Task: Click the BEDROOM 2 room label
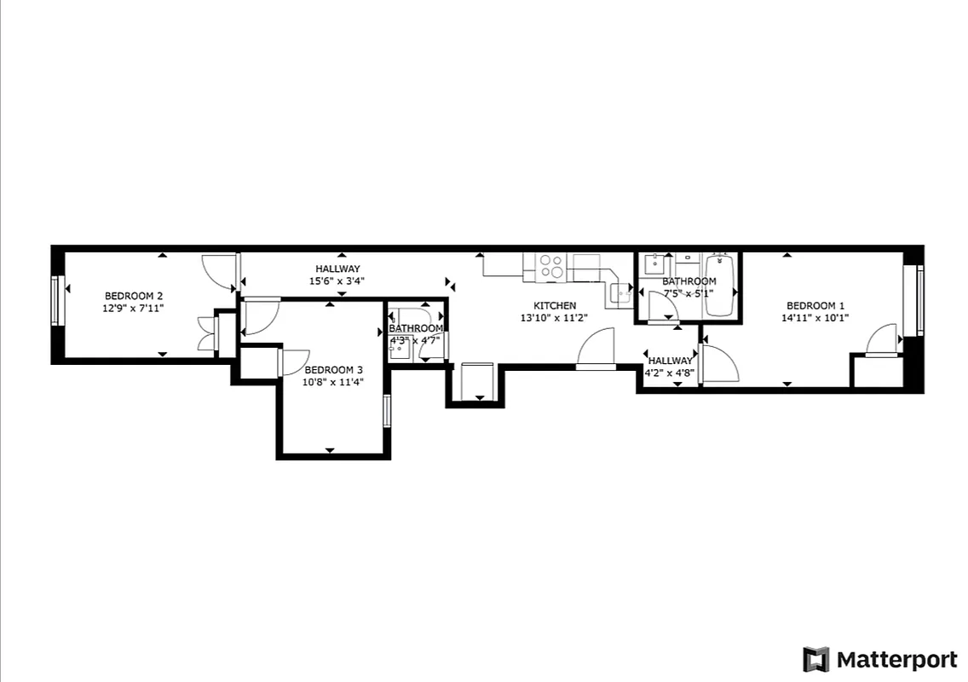click(x=134, y=296)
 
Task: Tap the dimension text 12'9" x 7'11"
click(x=134, y=308)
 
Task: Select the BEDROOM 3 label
click(x=334, y=370)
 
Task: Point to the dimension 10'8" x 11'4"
click(x=334, y=382)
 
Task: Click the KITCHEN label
click(x=555, y=306)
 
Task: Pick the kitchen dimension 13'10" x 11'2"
click(x=555, y=318)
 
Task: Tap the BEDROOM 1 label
click(x=815, y=306)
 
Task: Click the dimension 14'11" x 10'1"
click(x=815, y=318)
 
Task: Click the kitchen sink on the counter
click(x=619, y=295)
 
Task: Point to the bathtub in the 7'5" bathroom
click(x=719, y=284)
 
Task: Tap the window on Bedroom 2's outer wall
click(x=56, y=300)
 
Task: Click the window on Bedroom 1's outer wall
click(x=919, y=300)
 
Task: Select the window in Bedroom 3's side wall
click(x=387, y=411)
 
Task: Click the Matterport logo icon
click(x=815, y=660)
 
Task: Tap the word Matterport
click(x=896, y=660)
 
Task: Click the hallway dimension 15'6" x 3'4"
click(x=337, y=280)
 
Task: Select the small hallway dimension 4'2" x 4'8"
click(x=670, y=372)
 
